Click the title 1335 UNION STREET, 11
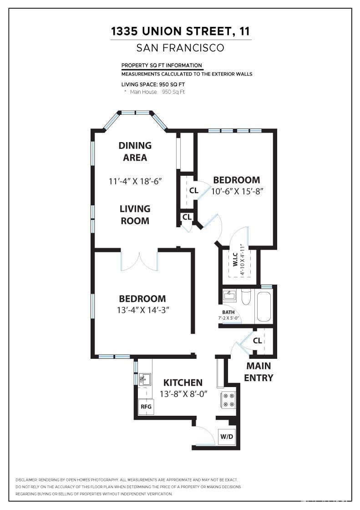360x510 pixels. tap(180, 31)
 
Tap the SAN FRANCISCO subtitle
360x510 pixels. tap(180, 48)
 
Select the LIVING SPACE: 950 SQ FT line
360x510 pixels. tap(153, 84)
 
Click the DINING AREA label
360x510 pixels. tap(135, 152)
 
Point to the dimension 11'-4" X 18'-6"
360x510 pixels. tap(135, 181)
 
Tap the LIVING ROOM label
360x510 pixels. tap(135, 215)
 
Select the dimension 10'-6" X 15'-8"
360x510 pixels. tap(238, 191)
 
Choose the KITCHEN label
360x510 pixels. tap(183, 382)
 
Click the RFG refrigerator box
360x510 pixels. tap(146, 406)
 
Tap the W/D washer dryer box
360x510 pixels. tap(227, 437)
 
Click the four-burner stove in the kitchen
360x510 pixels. tap(228, 400)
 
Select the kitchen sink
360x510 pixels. tap(144, 379)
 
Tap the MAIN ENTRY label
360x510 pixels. tap(259, 372)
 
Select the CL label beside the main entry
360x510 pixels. tap(257, 341)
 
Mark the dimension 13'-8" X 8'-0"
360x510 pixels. tap(183, 394)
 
